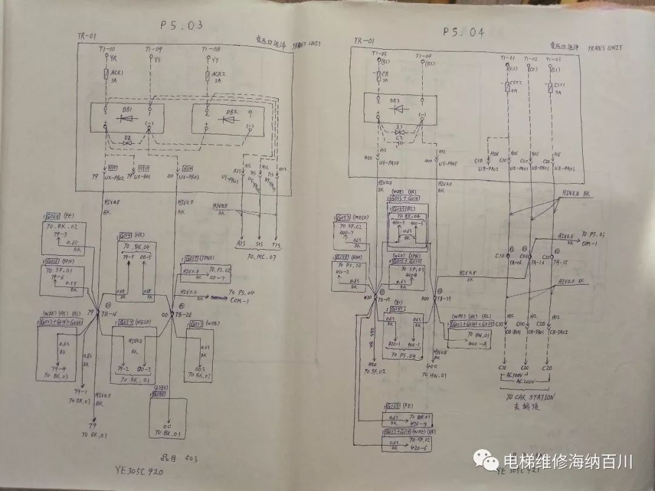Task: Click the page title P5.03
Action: coord(180,26)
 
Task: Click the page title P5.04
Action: coord(463,32)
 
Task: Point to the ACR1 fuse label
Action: coord(118,72)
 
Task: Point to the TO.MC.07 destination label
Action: coord(262,257)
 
